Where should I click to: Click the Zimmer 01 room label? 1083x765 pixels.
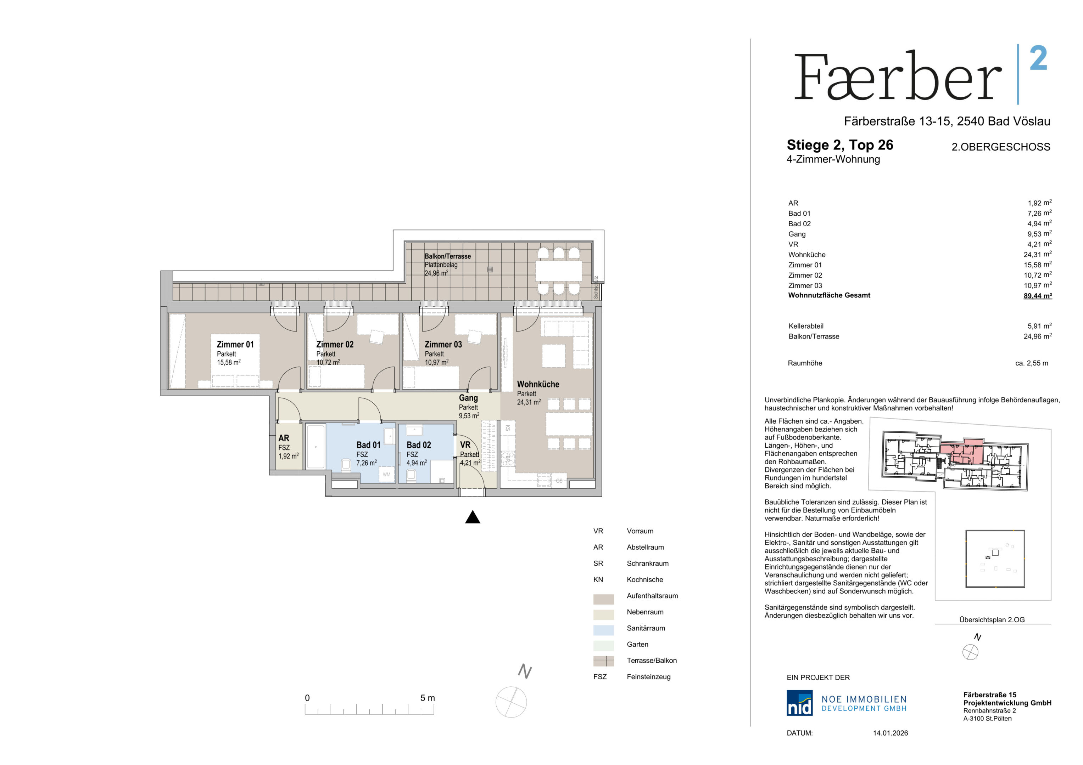click(235, 345)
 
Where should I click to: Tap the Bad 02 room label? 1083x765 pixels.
click(418, 445)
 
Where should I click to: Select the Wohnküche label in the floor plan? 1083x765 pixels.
click(538, 384)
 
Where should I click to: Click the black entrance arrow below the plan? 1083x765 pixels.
click(472, 517)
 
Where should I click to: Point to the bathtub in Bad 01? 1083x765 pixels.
click(316, 446)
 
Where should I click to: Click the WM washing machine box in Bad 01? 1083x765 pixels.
click(386, 474)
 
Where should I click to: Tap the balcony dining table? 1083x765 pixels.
click(558, 271)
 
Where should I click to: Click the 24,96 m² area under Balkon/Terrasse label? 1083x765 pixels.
click(436, 273)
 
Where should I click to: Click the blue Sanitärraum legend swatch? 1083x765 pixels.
click(603, 630)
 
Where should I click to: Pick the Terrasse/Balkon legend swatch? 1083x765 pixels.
click(603, 661)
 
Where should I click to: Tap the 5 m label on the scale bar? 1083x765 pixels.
click(428, 698)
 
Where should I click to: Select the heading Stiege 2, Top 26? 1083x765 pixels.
click(839, 145)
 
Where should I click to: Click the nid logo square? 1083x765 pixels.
click(799, 703)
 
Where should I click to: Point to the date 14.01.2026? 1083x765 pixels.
click(890, 733)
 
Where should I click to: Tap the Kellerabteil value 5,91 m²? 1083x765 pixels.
click(1039, 326)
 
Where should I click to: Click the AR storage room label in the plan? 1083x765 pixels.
click(284, 438)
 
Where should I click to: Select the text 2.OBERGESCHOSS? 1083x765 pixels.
click(1000, 147)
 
